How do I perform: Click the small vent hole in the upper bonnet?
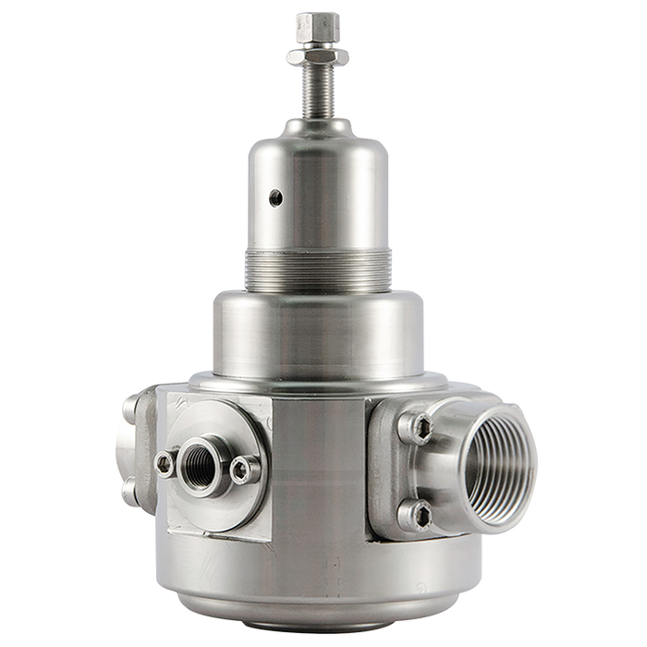(x=275, y=195)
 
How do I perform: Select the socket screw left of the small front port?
(x=165, y=462)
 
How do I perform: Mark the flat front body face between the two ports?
(x=319, y=462)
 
